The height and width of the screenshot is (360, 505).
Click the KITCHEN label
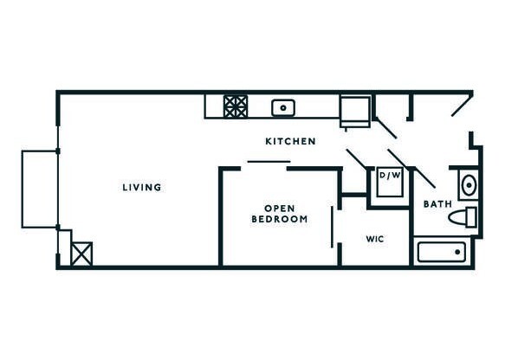[x=289, y=141]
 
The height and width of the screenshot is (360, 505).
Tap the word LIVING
[x=141, y=187]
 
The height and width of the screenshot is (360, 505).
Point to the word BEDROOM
[x=280, y=220]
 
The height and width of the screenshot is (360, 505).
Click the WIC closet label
[x=375, y=237]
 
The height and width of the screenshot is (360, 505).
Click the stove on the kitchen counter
[x=236, y=106]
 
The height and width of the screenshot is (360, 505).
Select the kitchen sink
[x=282, y=107]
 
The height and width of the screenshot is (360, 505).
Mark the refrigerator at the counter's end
[x=354, y=110]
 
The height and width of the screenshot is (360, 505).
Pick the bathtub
[x=441, y=252]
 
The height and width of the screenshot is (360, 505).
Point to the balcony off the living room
[x=39, y=190]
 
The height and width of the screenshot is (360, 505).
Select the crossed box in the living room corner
[x=83, y=254]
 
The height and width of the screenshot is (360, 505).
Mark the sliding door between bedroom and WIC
[x=333, y=228]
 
